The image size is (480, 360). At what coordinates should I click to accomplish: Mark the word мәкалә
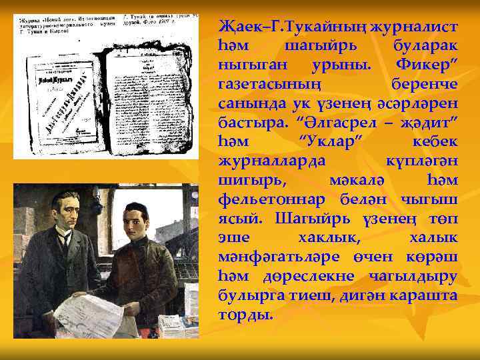pos(357,181)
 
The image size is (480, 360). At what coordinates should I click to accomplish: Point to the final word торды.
pos(245,315)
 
